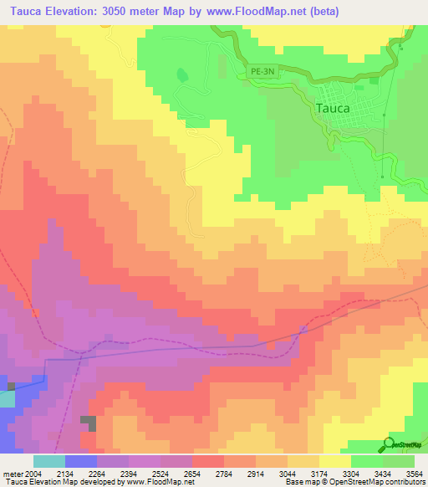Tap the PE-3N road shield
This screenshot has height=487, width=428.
pos(262,73)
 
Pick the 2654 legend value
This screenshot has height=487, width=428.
pos(191,471)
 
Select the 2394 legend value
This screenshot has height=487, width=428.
pos(128,471)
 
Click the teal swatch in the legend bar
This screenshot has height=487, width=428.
pos(49,460)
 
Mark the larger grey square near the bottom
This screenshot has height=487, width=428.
pos(88,423)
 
